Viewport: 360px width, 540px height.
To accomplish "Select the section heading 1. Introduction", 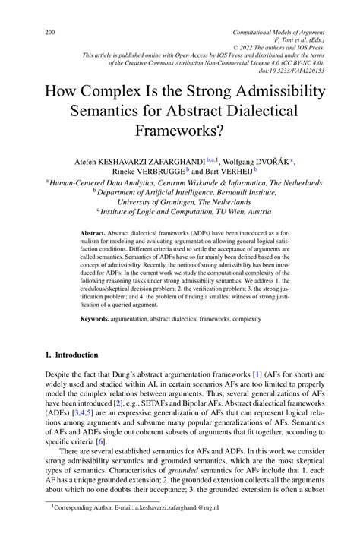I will point(72,355).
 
